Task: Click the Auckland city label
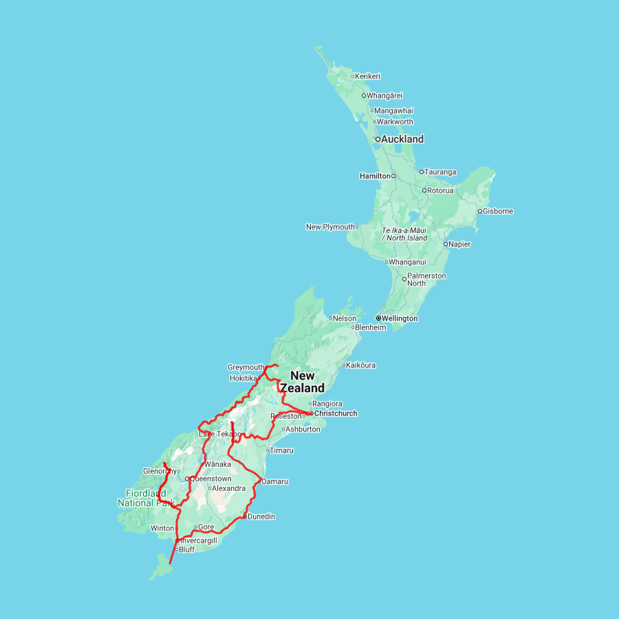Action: (x=402, y=139)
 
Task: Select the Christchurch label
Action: (x=335, y=413)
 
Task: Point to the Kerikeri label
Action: (x=368, y=76)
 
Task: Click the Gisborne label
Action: (x=498, y=211)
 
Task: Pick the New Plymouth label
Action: (x=330, y=227)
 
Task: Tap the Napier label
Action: (x=459, y=244)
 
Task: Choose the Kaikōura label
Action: (x=361, y=365)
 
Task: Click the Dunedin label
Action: (x=261, y=517)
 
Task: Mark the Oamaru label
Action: (x=275, y=481)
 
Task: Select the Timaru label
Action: (x=282, y=450)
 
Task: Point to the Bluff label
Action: (x=186, y=550)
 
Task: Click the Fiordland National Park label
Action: (x=146, y=498)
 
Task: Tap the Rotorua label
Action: (x=440, y=191)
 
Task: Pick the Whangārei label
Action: (x=384, y=96)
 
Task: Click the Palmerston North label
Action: (x=426, y=279)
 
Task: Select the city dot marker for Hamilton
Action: (x=394, y=176)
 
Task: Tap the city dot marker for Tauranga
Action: (x=422, y=172)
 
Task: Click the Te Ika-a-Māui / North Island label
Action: (x=404, y=234)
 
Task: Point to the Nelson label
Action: (x=345, y=318)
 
